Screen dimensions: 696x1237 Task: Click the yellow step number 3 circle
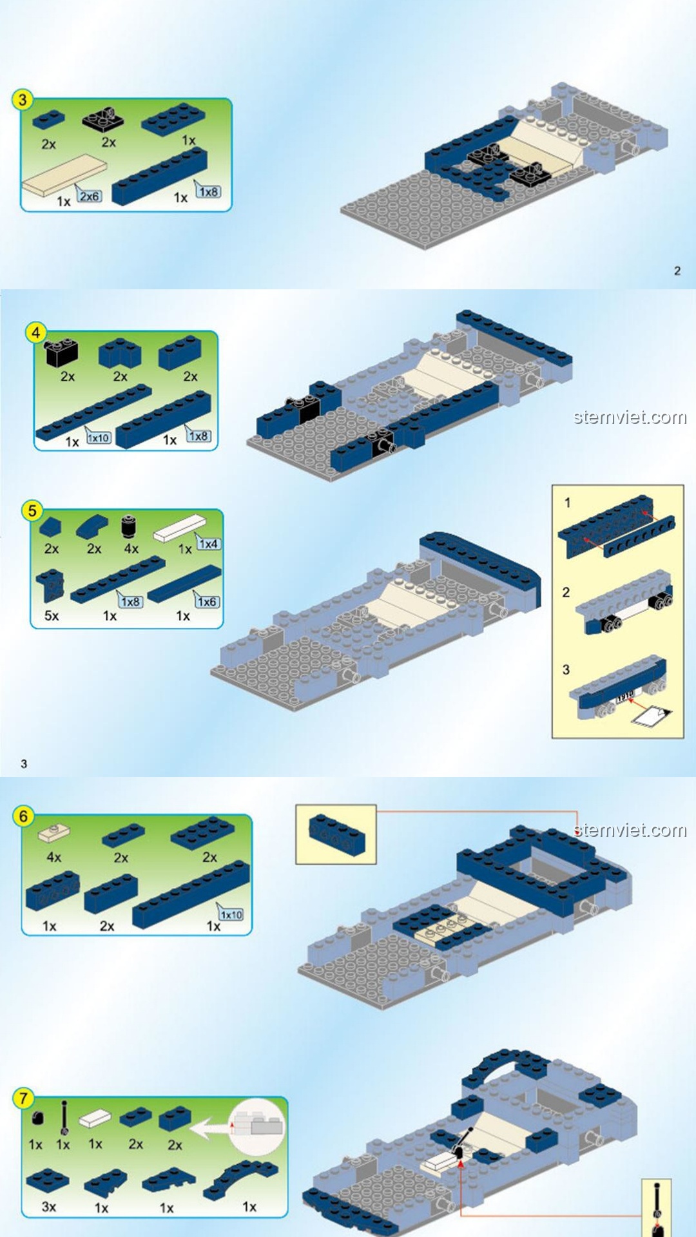pyautogui.click(x=23, y=100)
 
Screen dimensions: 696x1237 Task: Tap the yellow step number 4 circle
pyautogui.click(x=36, y=333)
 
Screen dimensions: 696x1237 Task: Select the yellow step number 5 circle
pyautogui.click(x=32, y=512)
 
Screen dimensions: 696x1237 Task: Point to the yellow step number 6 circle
pyautogui.click(x=23, y=817)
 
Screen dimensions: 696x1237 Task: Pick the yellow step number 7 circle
pyautogui.click(x=23, y=1098)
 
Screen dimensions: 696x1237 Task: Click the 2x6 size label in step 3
pyautogui.click(x=90, y=196)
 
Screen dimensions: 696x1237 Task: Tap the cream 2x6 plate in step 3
pyautogui.click(x=64, y=174)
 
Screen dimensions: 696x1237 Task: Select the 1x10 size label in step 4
pyautogui.click(x=99, y=438)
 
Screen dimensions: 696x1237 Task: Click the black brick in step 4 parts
pyautogui.click(x=61, y=352)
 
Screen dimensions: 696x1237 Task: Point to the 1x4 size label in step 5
pyautogui.click(x=208, y=544)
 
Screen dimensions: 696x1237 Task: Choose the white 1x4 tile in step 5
pyautogui.click(x=180, y=528)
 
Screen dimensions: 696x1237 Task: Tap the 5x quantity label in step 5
pyautogui.click(x=52, y=616)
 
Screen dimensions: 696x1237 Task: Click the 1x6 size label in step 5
pyautogui.click(x=207, y=602)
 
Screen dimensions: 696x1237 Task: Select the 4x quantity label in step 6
pyautogui.click(x=54, y=858)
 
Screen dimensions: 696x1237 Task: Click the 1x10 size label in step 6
pyautogui.click(x=231, y=914)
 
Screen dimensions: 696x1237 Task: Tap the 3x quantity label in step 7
pyautogui.click(x=49, y=1207)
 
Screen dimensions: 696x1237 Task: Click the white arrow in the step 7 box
pyautogui.click(x=211, y=1129)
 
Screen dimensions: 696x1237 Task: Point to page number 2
pyautogui.click(x=677, y=271)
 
